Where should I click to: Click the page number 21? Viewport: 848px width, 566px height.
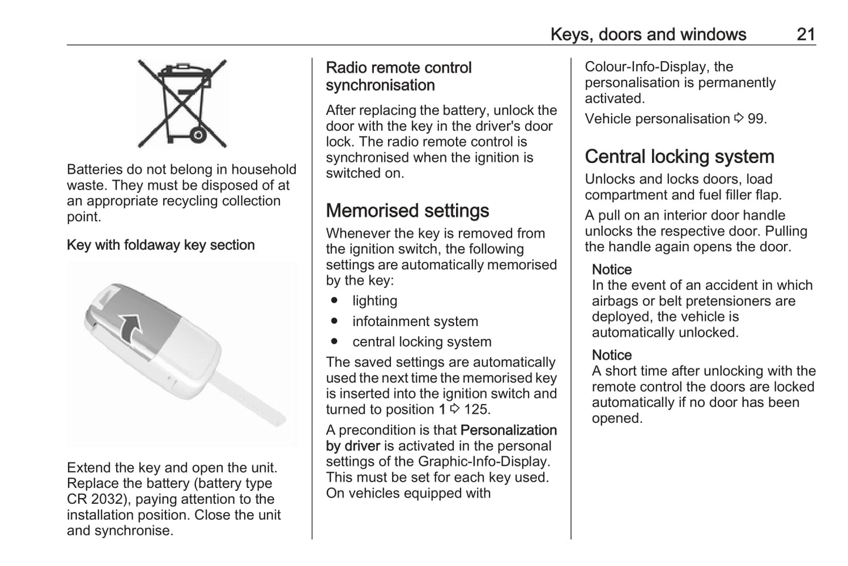[x=806, y=34]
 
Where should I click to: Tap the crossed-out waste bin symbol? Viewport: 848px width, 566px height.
[x=182, y=103]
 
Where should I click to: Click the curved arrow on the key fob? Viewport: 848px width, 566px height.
[x=131, y=327]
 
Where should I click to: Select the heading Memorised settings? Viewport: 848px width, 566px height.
[x=407, y=211]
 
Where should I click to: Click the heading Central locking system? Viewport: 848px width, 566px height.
[x=680, y=157]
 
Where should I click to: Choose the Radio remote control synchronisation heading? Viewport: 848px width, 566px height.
[x=398, y=76]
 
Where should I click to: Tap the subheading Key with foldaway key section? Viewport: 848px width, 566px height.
[x=161, y=245]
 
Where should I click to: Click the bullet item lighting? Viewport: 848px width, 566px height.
[x=374, y=301]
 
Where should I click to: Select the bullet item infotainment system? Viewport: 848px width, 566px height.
[x=415, y=321]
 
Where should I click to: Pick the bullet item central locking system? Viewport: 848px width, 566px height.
[x=421, y=342]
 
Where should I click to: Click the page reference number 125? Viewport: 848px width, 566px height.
[x=477, y=409]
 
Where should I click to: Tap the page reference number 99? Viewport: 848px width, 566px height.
[x=756, y=118]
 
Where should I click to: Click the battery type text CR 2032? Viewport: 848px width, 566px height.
[x=96, y=499]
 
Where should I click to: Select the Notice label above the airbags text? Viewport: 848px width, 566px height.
[x=611, y=269]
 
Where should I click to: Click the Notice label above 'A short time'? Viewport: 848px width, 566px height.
[x=611, y=355]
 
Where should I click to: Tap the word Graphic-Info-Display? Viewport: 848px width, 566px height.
[x=484, y=462]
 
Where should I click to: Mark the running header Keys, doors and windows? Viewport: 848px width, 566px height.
[x=648, y=34]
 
